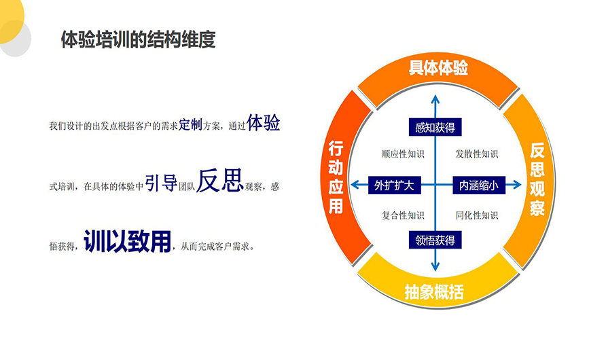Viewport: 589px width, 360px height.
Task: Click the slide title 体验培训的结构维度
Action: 138,39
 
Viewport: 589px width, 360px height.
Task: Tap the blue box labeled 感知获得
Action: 435,128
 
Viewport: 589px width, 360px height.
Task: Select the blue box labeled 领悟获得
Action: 435,240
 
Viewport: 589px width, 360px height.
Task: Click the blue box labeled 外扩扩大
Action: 395,185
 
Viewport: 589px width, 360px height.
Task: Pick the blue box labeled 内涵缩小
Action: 479,185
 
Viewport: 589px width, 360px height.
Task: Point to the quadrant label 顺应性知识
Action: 403,154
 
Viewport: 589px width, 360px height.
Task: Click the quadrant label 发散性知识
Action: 477,154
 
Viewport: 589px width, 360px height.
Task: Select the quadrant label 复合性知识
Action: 403,215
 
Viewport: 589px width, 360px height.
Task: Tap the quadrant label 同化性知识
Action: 477,215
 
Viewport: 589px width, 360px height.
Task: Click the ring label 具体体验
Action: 438,68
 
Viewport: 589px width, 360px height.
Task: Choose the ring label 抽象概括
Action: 434,291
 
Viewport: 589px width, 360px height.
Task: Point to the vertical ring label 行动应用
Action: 336,177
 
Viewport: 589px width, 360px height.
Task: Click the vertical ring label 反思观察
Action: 537,179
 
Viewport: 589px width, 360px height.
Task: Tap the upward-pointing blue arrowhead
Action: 435,99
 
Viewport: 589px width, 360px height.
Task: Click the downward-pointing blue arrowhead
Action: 435,266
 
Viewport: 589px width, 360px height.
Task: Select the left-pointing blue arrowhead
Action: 355,185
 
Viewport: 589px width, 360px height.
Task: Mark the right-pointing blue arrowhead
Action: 517,185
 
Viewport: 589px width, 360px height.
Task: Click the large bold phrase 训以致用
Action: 127,241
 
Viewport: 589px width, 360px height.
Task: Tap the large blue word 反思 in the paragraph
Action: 219,180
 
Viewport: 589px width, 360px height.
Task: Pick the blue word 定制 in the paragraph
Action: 190,124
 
